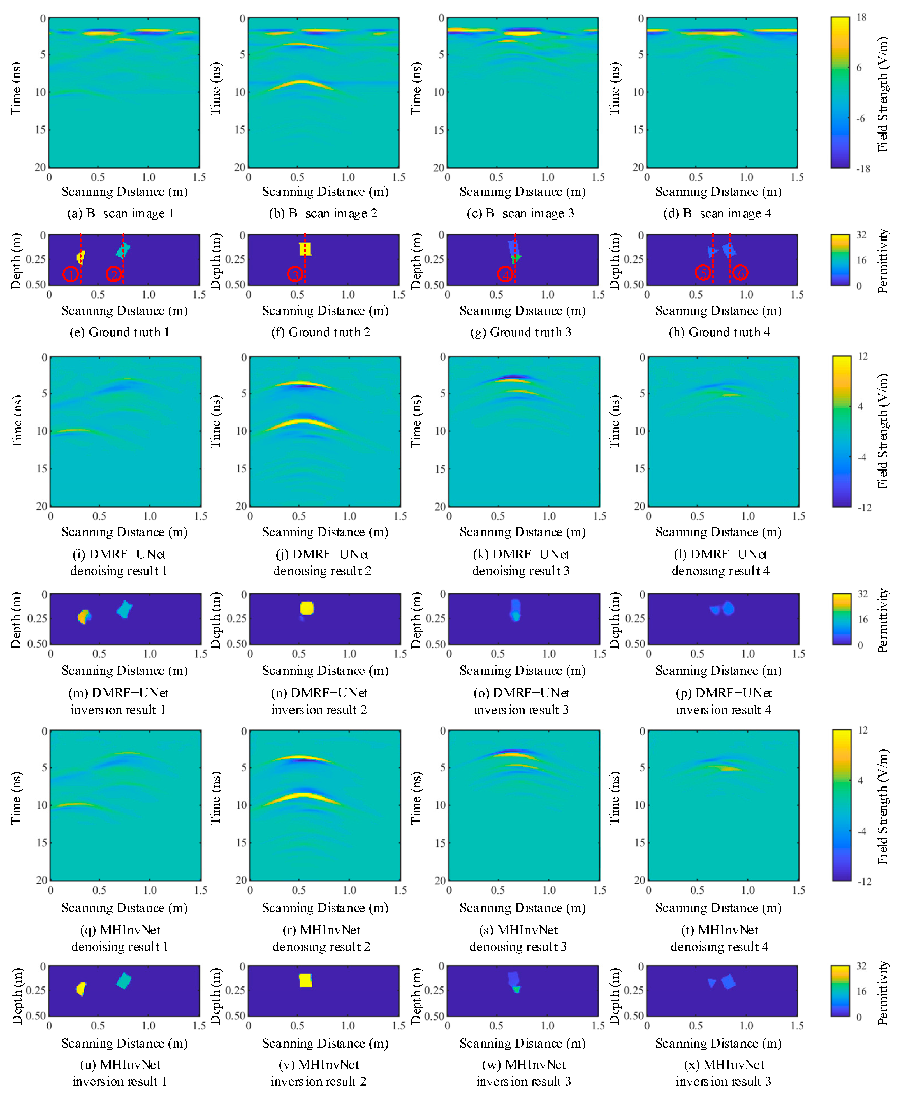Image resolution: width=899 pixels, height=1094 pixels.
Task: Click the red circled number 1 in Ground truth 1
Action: (71, 274)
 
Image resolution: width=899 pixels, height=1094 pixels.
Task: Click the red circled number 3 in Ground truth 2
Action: (295, 274)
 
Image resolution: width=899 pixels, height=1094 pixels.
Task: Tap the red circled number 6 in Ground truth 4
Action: (741, 272)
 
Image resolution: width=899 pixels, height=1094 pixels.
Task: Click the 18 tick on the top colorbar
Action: (861, 18)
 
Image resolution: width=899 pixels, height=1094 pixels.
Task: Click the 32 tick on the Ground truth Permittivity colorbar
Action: (861, 235)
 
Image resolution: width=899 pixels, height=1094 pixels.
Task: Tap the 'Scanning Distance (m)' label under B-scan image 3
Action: (522, 192)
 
